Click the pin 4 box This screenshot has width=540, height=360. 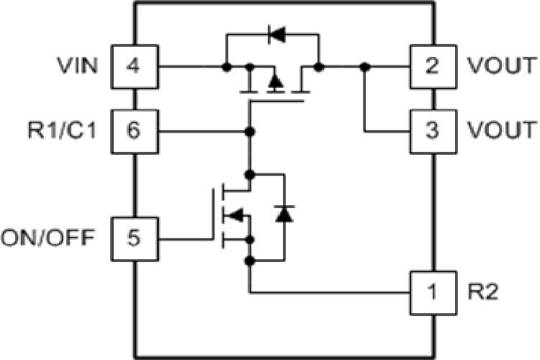tap(134, 67)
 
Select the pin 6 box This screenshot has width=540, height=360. tap(134, 132)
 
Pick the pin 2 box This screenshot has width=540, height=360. tap(433, 67)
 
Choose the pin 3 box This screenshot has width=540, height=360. tap(433, 132)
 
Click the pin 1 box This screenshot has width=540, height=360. tap(433, 292)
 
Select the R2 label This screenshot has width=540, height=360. tap(480, 292)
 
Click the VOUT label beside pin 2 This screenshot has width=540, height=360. tap(501, 67)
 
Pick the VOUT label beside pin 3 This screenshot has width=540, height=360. tap(501, 132)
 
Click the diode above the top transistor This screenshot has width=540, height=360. tap(274, 34)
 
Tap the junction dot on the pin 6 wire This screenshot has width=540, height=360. tap(250, 132)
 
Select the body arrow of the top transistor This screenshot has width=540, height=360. tap(274, 81)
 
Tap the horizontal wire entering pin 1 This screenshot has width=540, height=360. tap(331, 292)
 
